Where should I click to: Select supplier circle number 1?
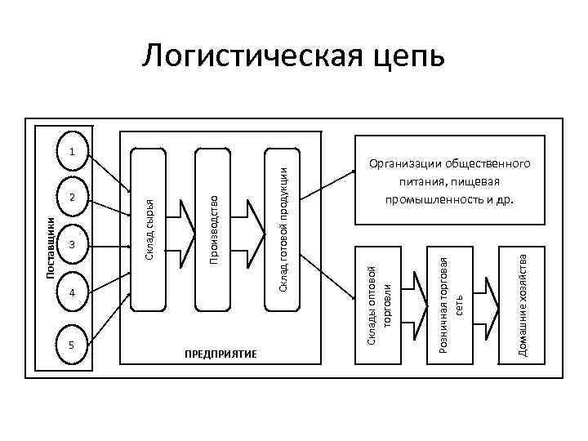coord(73,151)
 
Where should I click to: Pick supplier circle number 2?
coord(73,197)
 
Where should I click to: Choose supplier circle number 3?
coord(73,244)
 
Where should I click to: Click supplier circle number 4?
coord(73,292)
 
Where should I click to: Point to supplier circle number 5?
coord(73,344)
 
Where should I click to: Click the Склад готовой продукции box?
coord(280,229)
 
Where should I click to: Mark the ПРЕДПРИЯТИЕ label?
coord(220,353)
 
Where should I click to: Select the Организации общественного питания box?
coord(449,181)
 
